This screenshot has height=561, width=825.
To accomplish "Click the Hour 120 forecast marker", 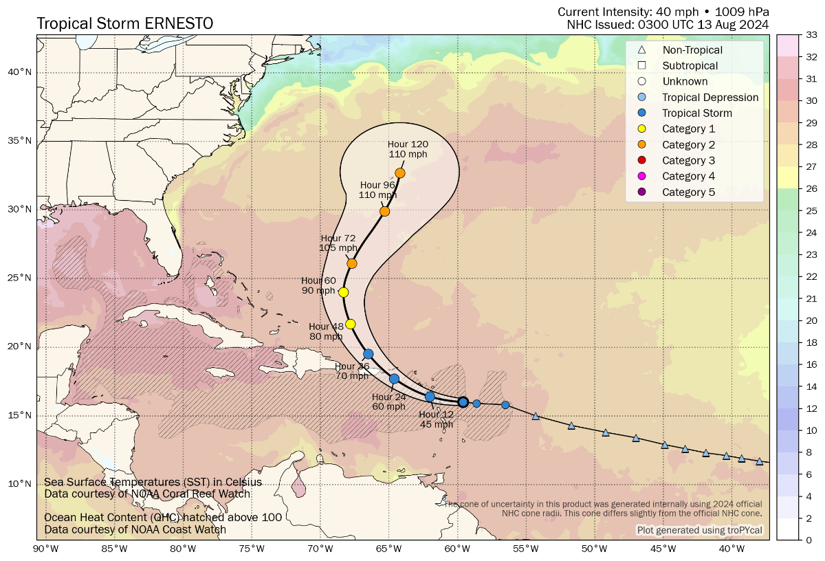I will pos(400,173).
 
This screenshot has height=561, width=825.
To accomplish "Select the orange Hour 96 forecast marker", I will pos(385,211).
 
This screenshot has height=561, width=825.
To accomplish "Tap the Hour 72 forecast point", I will pos(352,263).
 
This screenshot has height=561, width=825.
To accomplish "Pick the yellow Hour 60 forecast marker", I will pos(344,292).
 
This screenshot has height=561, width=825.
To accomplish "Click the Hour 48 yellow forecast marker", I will pos(351,324).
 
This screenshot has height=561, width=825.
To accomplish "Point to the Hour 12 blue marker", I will pos(430,397).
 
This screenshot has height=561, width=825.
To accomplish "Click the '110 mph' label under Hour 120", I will pos(408,155).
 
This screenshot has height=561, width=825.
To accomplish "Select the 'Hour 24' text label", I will pos(388,397).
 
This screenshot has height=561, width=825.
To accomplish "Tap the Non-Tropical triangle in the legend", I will pos(641,49).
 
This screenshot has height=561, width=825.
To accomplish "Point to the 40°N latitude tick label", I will pos(21,72).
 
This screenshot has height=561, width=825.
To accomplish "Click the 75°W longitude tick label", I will pos(252,548).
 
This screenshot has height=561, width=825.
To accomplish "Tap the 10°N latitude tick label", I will pos(21,483).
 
